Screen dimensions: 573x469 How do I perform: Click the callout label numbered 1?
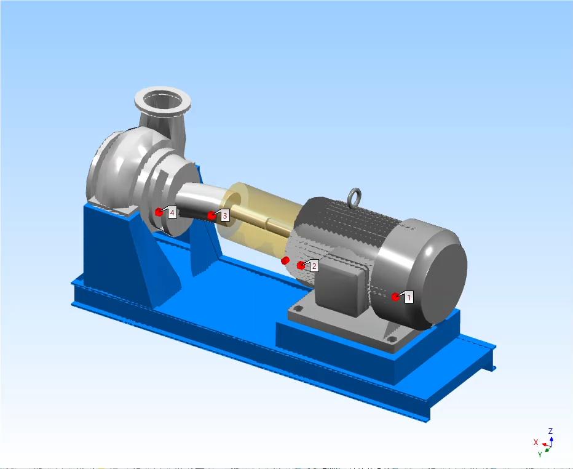click(409, 297)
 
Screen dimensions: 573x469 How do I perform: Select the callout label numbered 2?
click(314, 266)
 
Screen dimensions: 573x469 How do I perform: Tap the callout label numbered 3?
click(225, 215)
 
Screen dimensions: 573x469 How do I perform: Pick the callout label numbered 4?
click(172, 212)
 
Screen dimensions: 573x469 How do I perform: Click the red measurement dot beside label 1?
click(395, 297)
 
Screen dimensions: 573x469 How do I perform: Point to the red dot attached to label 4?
click(159, 212)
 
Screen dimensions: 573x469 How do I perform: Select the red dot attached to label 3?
click(211, 215)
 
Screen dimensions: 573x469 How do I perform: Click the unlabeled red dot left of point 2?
click(285, 260)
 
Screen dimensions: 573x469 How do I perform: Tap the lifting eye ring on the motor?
click(355, 198)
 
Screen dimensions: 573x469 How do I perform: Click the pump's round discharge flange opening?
click(163, 100)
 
